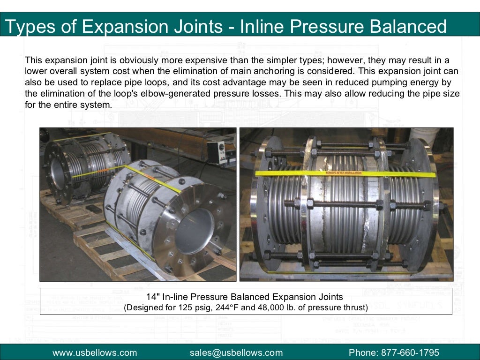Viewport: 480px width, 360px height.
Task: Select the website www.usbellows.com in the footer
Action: click(95, 352)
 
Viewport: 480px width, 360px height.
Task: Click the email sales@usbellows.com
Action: click(236, 352)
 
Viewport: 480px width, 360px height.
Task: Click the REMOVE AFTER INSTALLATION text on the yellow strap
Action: click(345, 173)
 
